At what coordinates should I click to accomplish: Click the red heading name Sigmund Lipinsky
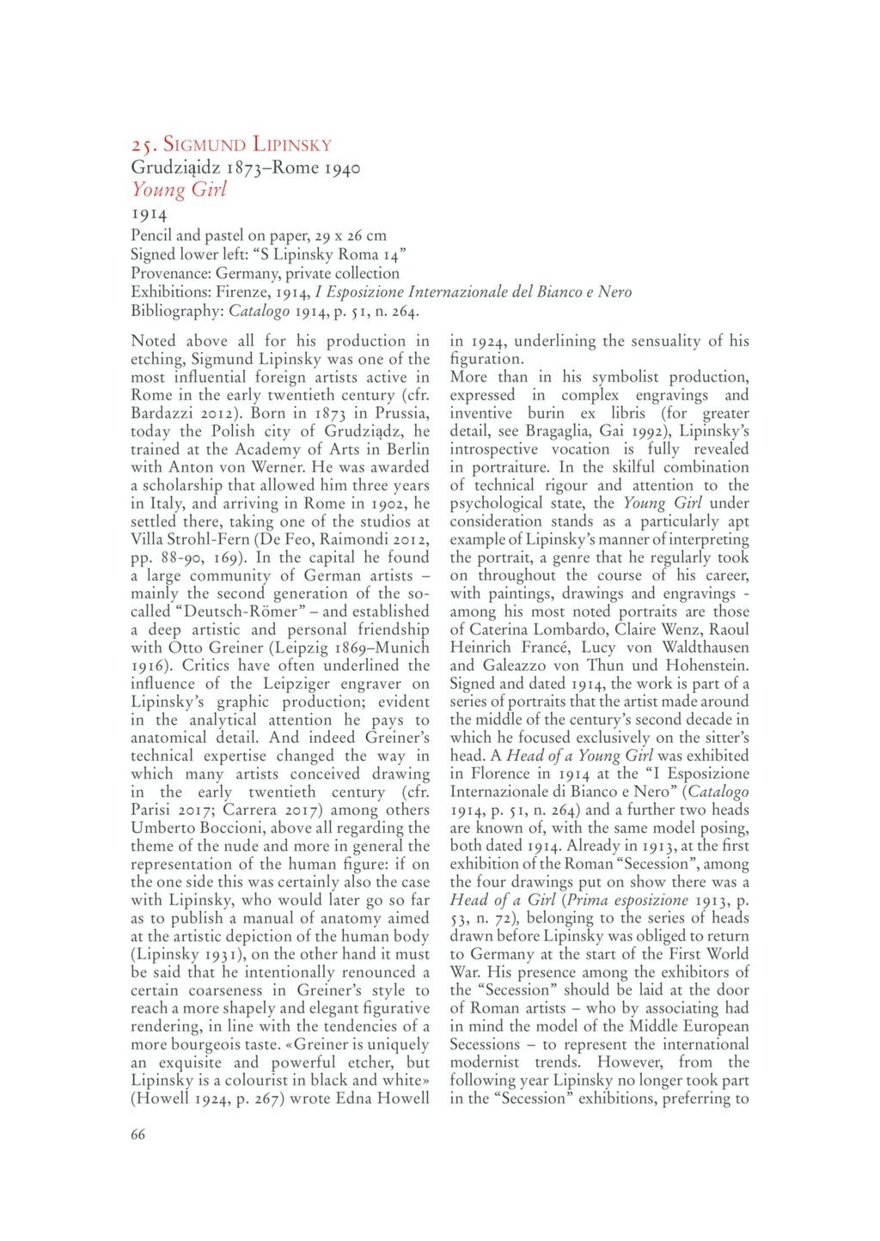click(x=247, y=144)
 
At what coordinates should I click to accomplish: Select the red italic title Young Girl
click(x=179, y=190)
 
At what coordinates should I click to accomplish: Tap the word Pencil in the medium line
click(x=152, y=235)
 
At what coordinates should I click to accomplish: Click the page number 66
click(x=137, y=1134)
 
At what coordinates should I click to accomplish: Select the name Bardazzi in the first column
click(x=162, y=413)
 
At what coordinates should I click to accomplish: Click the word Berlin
click(x=409, y=449)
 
